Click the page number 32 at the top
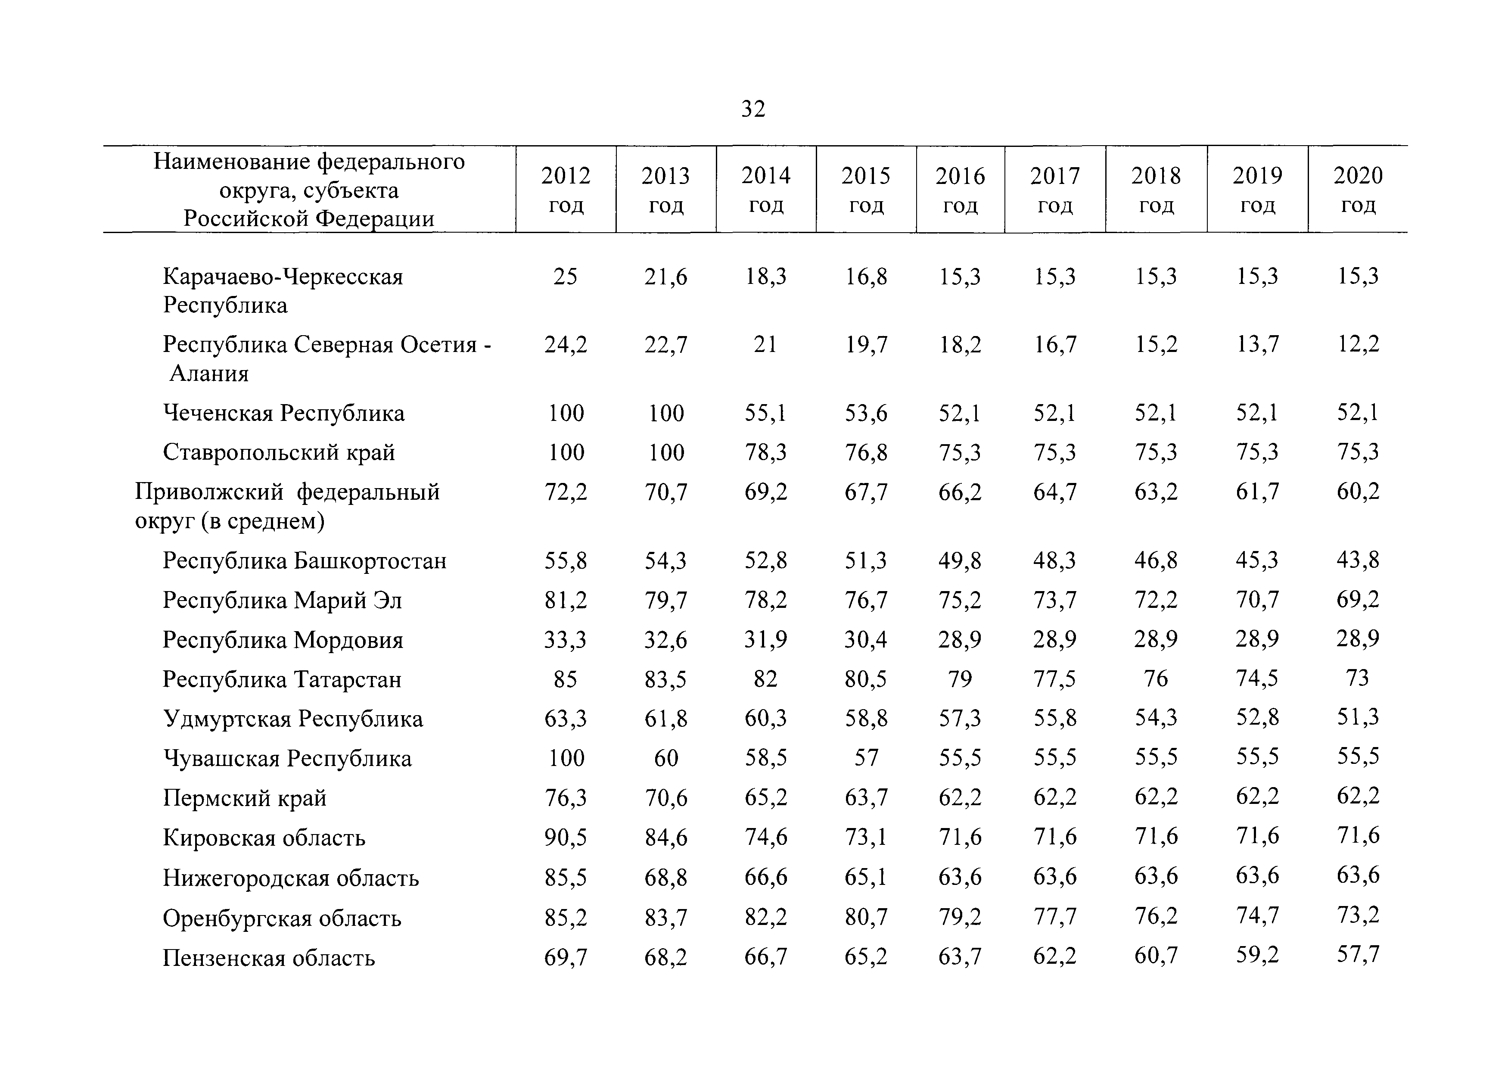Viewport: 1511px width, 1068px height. (753, 109)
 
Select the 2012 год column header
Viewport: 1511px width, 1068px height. (566, 190)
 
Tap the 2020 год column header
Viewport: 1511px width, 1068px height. (1358, 190)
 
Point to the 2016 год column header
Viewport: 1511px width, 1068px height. (960, 190)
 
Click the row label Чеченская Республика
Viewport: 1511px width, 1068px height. (284, 413)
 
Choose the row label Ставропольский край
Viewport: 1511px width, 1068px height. (279, 453)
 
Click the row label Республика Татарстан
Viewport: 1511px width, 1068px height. (282, 679)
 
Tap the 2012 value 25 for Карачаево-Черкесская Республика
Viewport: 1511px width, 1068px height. (565, 277)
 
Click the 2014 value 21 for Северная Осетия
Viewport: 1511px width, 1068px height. (765, 344)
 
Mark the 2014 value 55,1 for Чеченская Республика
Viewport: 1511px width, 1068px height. (765, 413)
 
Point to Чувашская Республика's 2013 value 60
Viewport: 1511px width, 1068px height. (666, 758)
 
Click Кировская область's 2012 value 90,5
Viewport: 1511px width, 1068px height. (566, 838)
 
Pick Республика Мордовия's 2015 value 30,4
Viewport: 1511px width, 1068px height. (866, 639)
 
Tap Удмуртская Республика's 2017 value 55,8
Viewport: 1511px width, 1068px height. (1055, 718)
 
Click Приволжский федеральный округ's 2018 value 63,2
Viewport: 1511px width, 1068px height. (1156, 492)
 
